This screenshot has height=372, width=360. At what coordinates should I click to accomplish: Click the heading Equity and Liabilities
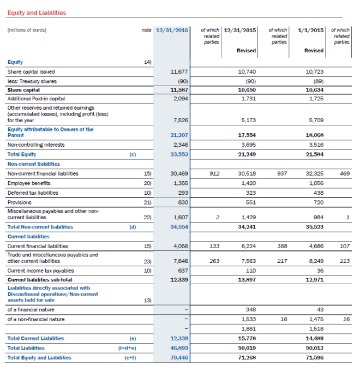click(x=37, y=13)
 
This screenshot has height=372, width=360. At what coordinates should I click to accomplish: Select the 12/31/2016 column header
click(x=172, y=30)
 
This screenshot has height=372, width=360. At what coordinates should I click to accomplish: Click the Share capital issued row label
click(x=31, y=71)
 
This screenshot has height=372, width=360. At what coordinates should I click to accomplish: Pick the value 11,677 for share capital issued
click(x=179, y=71)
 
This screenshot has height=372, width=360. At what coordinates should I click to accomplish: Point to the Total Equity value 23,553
click(x=179, y=154)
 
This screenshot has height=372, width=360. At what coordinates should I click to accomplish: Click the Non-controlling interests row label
click(x=35, y=145)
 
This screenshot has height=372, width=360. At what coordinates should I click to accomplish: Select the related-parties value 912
click(x=214, y=173)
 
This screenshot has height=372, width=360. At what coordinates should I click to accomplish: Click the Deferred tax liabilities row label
click(x=33, y=193)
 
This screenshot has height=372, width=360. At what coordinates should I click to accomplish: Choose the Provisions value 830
click(x=182, y=202)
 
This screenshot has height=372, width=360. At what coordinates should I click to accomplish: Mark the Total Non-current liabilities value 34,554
click(x=179, y=226)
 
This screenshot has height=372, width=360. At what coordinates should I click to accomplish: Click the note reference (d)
click(x=132, y=226)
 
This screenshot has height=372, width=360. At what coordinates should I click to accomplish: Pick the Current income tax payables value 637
click(x=182, y=271)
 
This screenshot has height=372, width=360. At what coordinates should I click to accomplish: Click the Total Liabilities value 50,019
click(x=248, y=347)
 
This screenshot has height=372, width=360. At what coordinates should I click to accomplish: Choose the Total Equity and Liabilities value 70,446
click(x=179, y=357)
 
